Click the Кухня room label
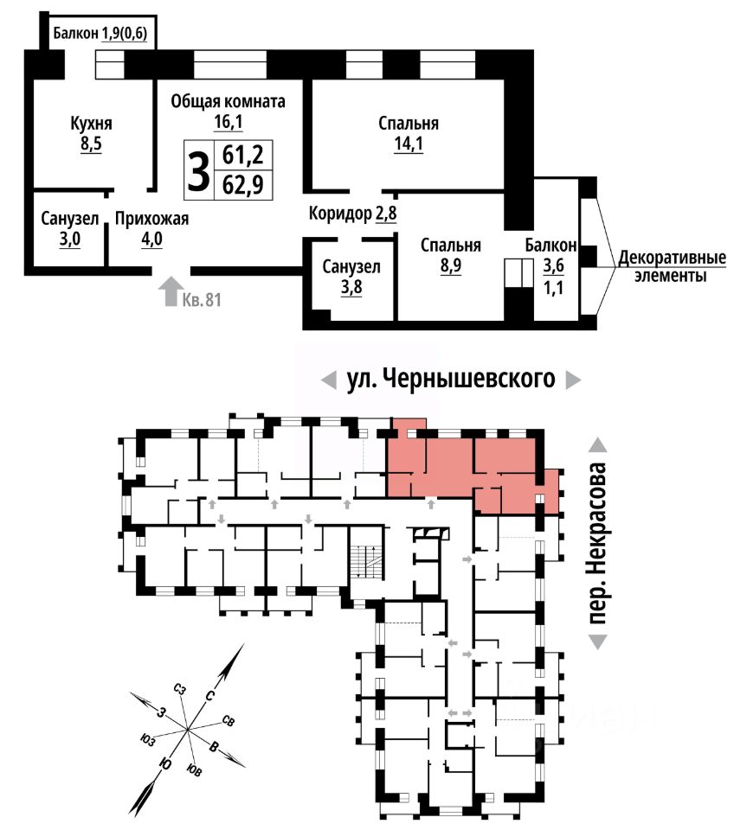(x=91, y=124)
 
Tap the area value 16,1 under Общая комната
(x=228, y=122)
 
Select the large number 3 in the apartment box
(x=199, y=170)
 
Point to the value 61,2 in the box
(x=242, y=156)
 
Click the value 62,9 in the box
(x=242, y=185)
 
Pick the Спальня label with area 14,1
(x=408, y=124)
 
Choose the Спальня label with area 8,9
(x=450, y=245)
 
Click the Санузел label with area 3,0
(x=69, y=219)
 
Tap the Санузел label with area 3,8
(x=351, y=267)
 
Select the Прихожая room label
(x=151, y=219)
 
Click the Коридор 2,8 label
(x=352, y=214)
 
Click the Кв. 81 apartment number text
(x=202, y=300)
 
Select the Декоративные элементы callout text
(x=672, y=267)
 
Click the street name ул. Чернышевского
(x=450, y=379)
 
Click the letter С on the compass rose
(x=209, y=696)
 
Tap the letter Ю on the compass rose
(x=165, y=763)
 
